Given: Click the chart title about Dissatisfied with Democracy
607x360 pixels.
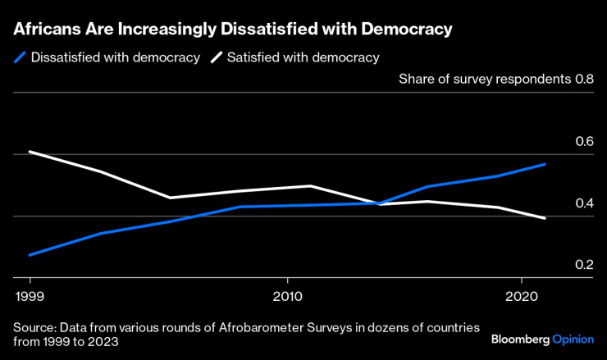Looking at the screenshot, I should click(232, 29).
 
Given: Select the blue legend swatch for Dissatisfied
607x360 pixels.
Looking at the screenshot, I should click(19, 57).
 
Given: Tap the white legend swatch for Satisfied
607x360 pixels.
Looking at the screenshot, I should click(216, 57).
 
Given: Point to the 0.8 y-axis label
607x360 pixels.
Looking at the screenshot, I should click(584, 80).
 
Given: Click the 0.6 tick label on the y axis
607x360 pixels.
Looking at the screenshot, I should click(584, 141).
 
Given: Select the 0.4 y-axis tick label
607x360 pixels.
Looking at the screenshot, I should click(584, 203).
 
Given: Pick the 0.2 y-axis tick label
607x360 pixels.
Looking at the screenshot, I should click(584, 265).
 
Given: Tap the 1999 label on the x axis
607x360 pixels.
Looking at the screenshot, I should click(30, 294).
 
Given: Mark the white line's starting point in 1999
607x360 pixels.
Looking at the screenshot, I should click(30, 152).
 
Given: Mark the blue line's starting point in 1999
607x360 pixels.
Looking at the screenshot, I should click(30, 255).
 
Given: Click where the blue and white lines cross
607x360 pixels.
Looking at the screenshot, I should click(380, 203).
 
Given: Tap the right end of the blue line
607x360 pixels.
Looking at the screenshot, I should click(545, 164).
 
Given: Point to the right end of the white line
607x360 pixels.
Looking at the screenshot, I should click(545, 218).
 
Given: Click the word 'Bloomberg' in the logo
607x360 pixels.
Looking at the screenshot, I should click(520, 339).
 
